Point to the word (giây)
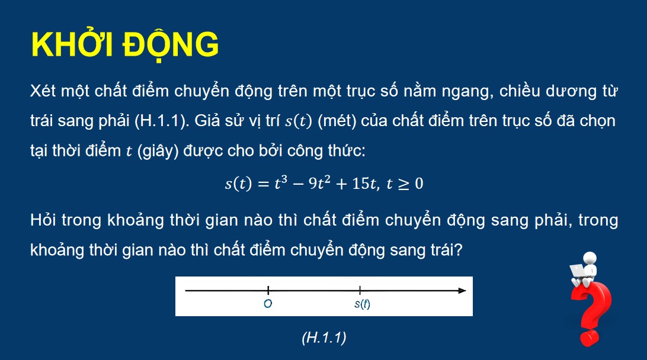pyautogui.click(x=160, y=151)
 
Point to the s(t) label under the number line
pyautogui.click(x=361, y=304)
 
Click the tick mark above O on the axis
pyautogui.click(x=268, y=290)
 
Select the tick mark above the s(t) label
pyautogui.click(x=360, y=290)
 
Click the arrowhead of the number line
pyautogui.click(x=461, y=290)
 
